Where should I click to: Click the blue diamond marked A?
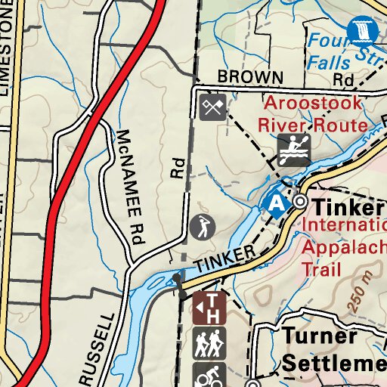[x=277, y=203]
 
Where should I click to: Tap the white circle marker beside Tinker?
[x=300, y=202]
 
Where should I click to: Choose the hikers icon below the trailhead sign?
[x=209, y=345]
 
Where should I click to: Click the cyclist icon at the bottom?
[x=209, y=376]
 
